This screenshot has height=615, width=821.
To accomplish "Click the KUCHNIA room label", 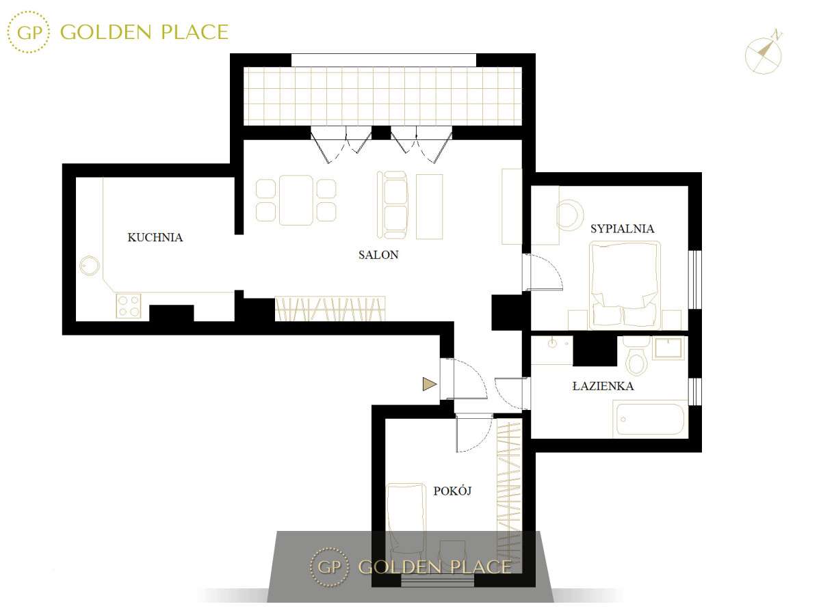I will tap(155, 238).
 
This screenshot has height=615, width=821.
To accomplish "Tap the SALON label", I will tap(378, 255).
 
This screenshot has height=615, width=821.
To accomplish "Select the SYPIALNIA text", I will tap(623, 228).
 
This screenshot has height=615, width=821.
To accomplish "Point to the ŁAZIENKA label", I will tap(603, 386).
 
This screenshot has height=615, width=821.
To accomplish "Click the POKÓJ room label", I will tap(453, 491).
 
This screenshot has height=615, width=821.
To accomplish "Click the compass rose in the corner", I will tap(764, 52).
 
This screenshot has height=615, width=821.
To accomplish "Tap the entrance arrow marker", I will tap(429, 385).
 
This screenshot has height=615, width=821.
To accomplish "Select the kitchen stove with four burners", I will tap(129, 305).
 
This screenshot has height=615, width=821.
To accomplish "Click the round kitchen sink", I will tap(89, 264).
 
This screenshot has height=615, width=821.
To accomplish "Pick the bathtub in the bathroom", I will tap(651, 419).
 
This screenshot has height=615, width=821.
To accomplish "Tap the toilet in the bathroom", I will tap(636, 359).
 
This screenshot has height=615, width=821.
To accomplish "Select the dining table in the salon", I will tap(296, 200).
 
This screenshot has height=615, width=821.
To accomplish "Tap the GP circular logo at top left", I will tap(29, 31).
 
